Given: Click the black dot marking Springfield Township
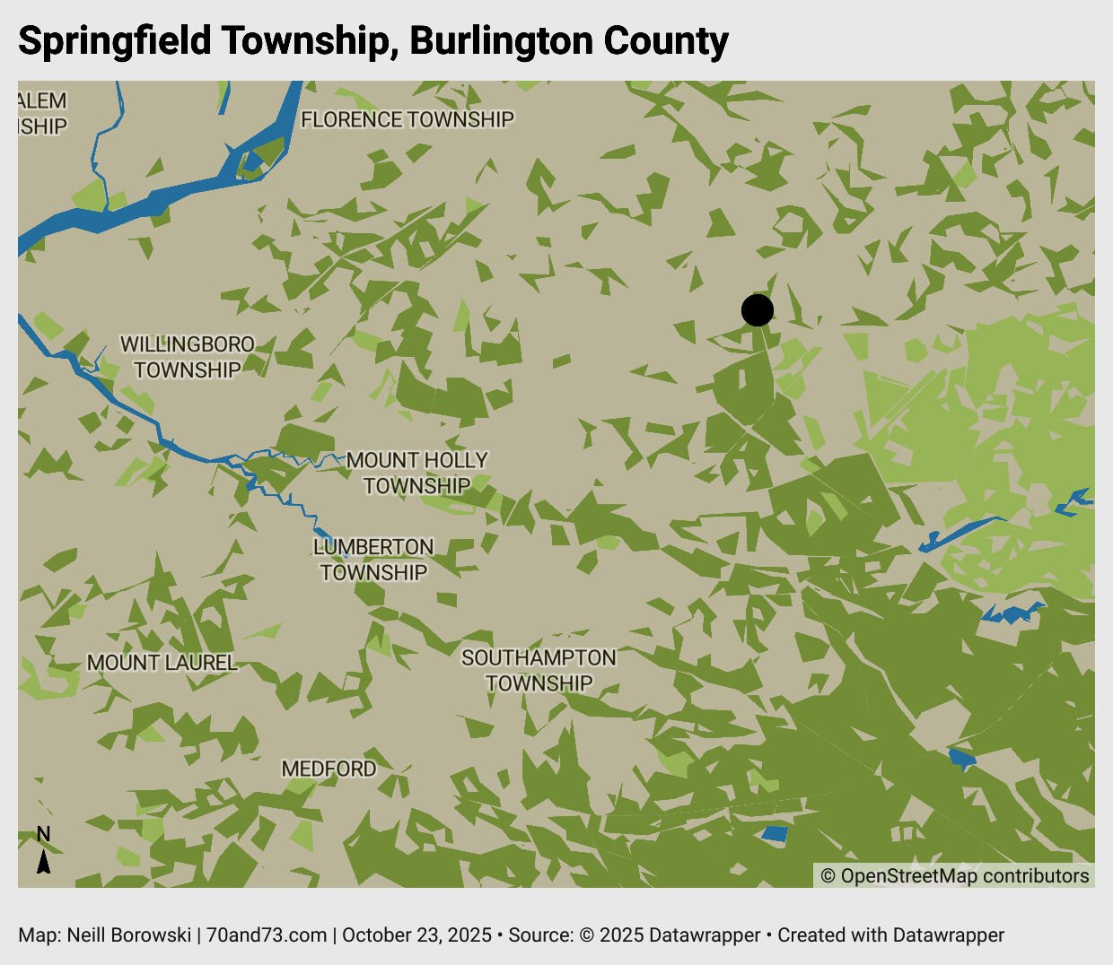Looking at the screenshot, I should pos(758,310).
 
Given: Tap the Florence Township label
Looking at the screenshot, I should pos(408,119).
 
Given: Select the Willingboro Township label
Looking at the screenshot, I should pos(188,357).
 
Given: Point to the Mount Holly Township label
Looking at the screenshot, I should pos(416,473).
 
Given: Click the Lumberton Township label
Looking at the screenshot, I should pos(373,560).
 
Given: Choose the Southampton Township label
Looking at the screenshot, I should pos(539,670).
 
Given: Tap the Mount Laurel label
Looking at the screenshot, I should pos(162,663).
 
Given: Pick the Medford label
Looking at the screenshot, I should pos(329,769).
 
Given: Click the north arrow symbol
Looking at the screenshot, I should pos(43,861).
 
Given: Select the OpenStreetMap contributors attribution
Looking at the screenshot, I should pos(955,876).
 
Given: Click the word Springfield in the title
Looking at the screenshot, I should pos(115,42).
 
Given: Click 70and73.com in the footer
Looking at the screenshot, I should pos(267,935).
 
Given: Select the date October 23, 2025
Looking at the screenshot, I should pos(416,935).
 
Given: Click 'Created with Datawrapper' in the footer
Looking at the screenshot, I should pos(890,935).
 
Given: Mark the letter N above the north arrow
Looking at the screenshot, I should pos(43,834).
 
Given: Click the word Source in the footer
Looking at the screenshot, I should pos(538,935).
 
